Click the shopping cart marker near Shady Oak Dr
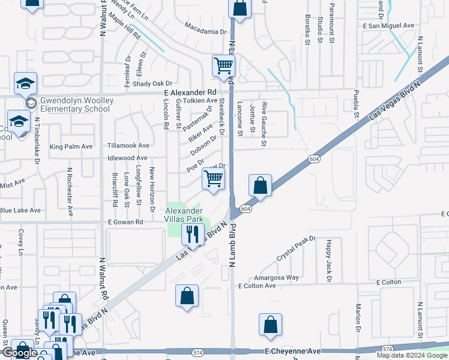click(x=223, y=66)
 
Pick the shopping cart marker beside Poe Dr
click(x=214, y=179)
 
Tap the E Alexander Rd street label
click(x=190, y=92)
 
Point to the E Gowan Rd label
click(x=125, y=222)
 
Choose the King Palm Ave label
click(x=71, y=146)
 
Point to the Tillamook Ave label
click(x=128, y=146)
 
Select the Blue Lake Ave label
click(x=20, y=211)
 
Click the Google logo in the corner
click(x=19, y=353)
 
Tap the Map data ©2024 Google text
click(x=412, y=355)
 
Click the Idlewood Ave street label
click(x=127, y=158)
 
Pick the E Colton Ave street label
click(x=256, y=286)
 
